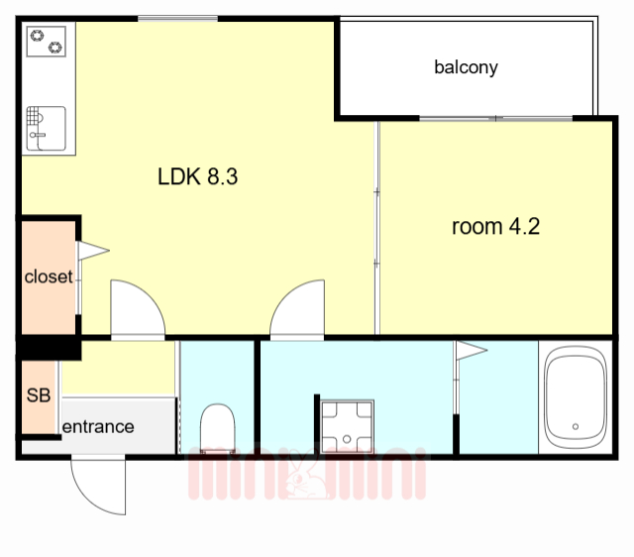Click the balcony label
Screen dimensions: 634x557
coord(466,67)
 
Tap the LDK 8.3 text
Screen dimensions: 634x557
coord(198,176)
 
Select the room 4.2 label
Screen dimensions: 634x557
coord(495,227)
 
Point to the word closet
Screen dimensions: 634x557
coord(49,278)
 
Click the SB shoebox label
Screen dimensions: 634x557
coord(39,395)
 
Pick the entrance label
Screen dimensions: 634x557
coord(98,427)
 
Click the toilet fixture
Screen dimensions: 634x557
coord(218,429)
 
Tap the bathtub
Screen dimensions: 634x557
coord(576,397)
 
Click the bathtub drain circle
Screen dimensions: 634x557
coord(576,426)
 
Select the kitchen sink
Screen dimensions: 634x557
coord(47,128)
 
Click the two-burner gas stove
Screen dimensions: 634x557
coord(47,42)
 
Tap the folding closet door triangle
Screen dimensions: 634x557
coord(93,251)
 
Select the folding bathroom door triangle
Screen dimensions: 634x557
coord(472,350)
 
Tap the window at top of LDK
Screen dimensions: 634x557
coord(178,19)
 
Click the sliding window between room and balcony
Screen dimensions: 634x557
coord(495,119)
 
